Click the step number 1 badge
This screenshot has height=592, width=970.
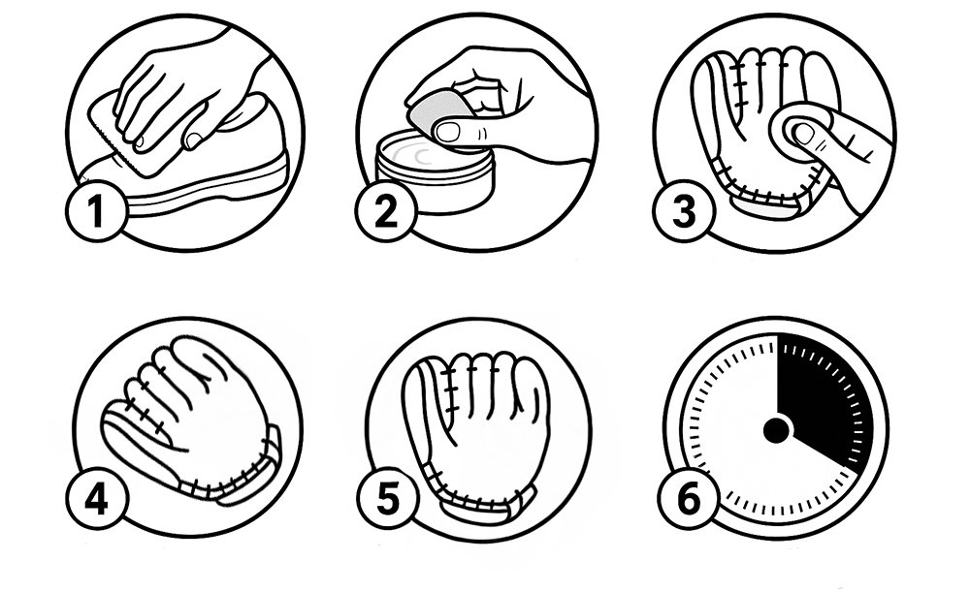(96, 210)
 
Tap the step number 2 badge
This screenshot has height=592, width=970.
(387, 210)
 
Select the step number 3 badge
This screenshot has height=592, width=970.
(684, 210)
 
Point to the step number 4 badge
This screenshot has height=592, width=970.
(96, 498)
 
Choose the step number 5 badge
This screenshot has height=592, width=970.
(389, 498)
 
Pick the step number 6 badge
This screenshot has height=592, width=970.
(689, 498)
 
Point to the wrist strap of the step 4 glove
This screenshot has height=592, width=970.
(250, 475)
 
